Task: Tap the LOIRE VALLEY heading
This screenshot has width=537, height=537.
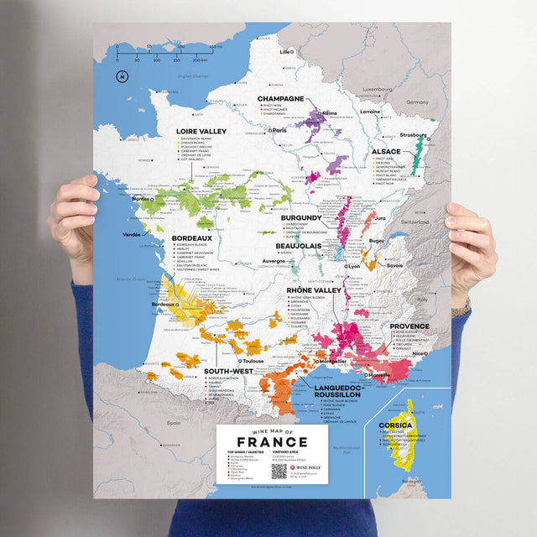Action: [x=202, y=132]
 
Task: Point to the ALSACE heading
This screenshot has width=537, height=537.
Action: [x=386, y=152]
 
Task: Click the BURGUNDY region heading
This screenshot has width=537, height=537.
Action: [x=302, y=217]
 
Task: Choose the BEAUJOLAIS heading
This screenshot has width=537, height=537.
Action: [x=300, y=246]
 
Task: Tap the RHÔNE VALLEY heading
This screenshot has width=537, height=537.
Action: [x=315, y=289]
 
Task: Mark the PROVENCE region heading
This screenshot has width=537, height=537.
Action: [x=409, y=326]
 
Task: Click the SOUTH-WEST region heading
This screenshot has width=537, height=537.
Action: [x=229, y=370]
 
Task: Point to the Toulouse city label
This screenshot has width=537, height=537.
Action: [x=252, y=361]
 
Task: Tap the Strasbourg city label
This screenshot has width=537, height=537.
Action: [x=412, y=134]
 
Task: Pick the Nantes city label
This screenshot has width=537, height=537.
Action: [x=142, y=199]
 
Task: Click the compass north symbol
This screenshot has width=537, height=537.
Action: [x=122, y=77]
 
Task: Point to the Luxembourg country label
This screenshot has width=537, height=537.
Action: [x=378, y=87]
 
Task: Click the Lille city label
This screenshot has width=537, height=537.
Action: [x=284, y=52]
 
